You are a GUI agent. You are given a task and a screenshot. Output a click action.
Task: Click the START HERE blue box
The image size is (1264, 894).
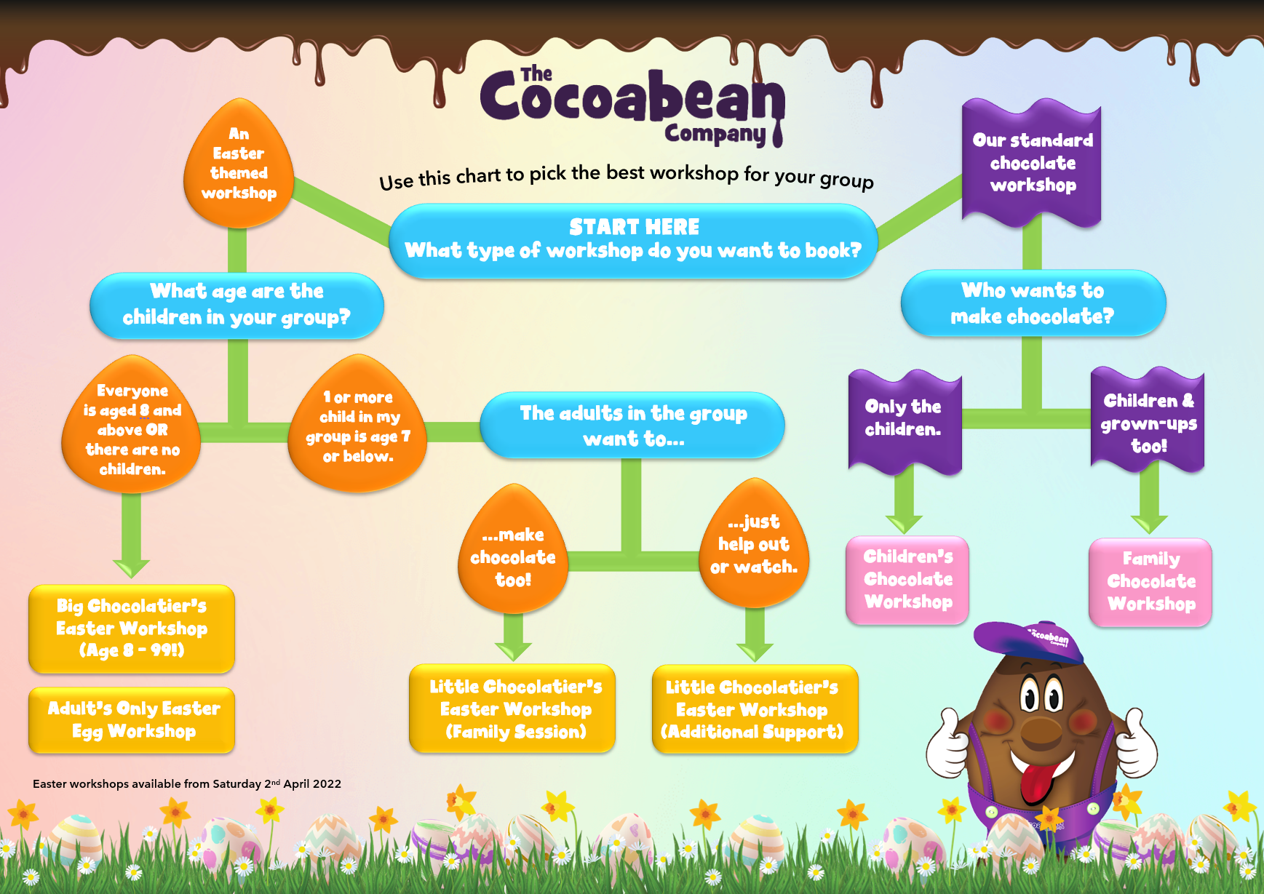[633, 241]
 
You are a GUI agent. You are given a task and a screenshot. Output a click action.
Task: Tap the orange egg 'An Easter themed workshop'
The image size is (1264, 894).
[239, 164]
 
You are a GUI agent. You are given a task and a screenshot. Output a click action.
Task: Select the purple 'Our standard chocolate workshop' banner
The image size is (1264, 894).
[1032, 164]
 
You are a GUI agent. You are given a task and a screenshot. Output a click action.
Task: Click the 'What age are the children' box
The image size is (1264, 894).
[236, 306]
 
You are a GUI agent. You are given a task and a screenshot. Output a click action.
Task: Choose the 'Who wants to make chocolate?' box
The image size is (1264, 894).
[1033, 303]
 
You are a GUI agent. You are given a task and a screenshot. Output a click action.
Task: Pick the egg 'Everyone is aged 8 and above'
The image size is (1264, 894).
[132, 425]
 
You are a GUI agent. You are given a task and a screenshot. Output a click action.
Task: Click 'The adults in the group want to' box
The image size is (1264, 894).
[632, 426]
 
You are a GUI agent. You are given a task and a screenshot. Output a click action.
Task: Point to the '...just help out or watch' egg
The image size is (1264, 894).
[754, 543]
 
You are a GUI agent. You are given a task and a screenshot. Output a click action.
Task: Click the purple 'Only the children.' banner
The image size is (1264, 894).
[905, 423]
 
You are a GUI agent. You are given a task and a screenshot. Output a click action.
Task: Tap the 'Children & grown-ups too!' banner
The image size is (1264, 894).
[1148, 420]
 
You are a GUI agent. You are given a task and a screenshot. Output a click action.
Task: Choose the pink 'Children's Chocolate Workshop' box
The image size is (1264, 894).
[907, 580]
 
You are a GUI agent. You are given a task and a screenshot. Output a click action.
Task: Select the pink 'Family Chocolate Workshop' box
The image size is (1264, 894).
[1150, 582]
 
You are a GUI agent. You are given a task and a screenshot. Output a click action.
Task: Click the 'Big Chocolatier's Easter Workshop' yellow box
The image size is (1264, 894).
[132, 628]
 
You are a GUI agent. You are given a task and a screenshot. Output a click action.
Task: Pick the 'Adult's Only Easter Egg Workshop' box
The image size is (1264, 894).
[132, 720]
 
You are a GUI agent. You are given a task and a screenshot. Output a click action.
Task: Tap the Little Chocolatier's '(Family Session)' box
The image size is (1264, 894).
[512, 709]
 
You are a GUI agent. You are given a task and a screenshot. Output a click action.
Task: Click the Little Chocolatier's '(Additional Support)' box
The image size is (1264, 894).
[755, 709]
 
